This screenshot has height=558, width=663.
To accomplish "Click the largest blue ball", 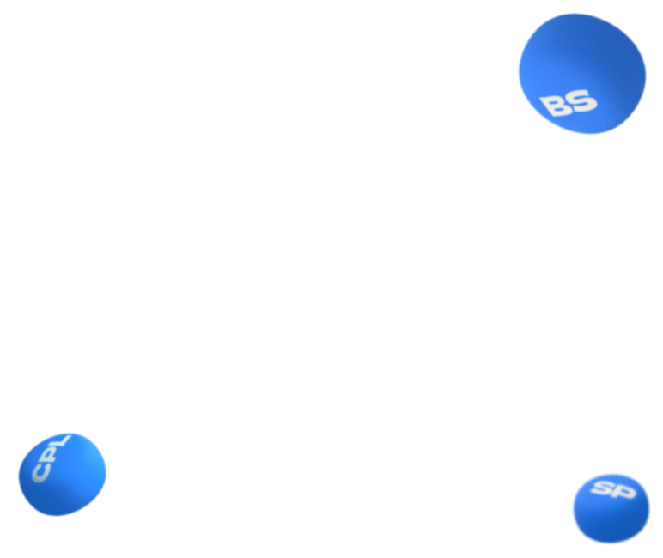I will [581, 73].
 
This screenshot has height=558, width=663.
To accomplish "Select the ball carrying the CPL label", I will [62, 474].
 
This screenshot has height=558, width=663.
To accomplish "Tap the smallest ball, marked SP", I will [611, 507].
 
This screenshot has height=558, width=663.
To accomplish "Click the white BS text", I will [569, 104].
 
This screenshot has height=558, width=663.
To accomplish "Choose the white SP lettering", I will [614, 490].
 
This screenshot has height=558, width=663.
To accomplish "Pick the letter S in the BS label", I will [582, 101].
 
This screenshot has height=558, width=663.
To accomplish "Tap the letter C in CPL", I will [40, 472].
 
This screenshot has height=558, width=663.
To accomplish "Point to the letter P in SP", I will [624, 492].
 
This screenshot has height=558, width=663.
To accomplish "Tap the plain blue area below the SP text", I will [610, 522].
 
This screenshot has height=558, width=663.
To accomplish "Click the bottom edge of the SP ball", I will [610, 543].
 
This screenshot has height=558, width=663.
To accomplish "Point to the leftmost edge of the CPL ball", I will [18, 476].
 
